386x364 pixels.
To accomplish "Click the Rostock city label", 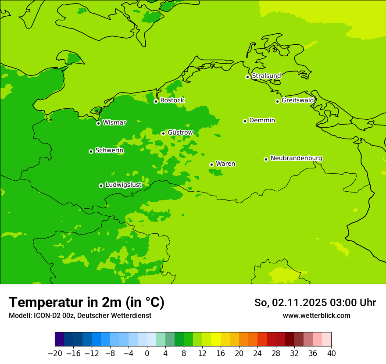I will [172, 100].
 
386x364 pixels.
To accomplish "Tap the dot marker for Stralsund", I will [247, 77].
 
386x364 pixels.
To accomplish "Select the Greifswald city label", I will [298, 100].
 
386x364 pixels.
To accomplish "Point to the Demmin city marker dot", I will [245, 121].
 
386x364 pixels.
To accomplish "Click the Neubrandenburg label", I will [296, 158].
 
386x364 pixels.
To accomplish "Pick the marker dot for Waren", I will [211, 164].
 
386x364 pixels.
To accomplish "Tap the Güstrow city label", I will [180, 132].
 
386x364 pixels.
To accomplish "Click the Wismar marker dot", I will [98, 123].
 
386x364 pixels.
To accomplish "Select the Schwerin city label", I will [109, 150].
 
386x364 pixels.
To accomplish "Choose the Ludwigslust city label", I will [123, 185].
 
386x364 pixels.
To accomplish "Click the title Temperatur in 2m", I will [86, 303].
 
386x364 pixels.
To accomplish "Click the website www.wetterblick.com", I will [316, 315].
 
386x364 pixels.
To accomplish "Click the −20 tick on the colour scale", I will [55, 353].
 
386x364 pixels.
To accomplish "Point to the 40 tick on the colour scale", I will [331, 353].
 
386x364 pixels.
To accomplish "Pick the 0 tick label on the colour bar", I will [147, 353].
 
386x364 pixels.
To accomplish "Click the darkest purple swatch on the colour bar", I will [60, 339].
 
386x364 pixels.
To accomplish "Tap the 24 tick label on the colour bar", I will [257, 353].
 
